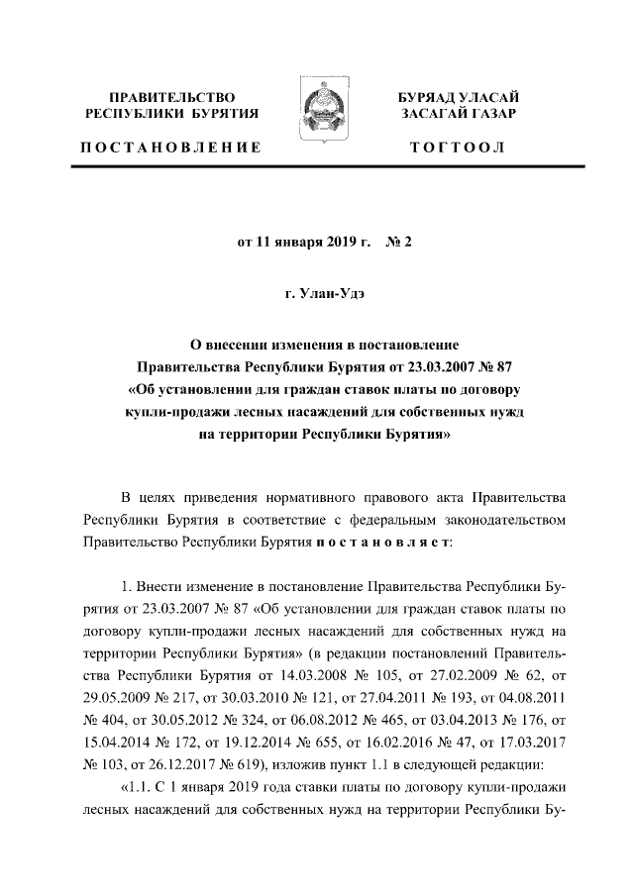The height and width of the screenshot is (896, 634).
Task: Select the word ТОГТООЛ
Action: coord(457,148)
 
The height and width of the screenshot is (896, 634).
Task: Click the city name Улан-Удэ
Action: coord(334,292)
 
